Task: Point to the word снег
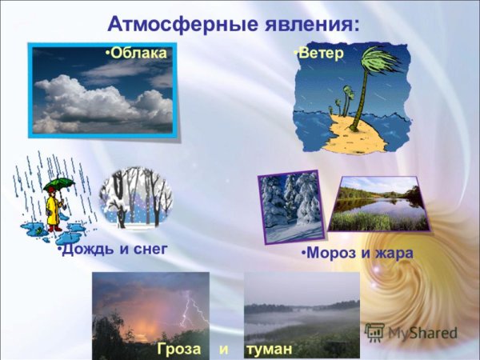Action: pyautogui.click(x=150, y=249)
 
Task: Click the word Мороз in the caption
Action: pyautogui.click(x=330, y=254)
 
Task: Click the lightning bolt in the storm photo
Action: pyautogui.click(x=192, y=308)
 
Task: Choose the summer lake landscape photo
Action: pyautogui.click(x=378, y=205)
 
